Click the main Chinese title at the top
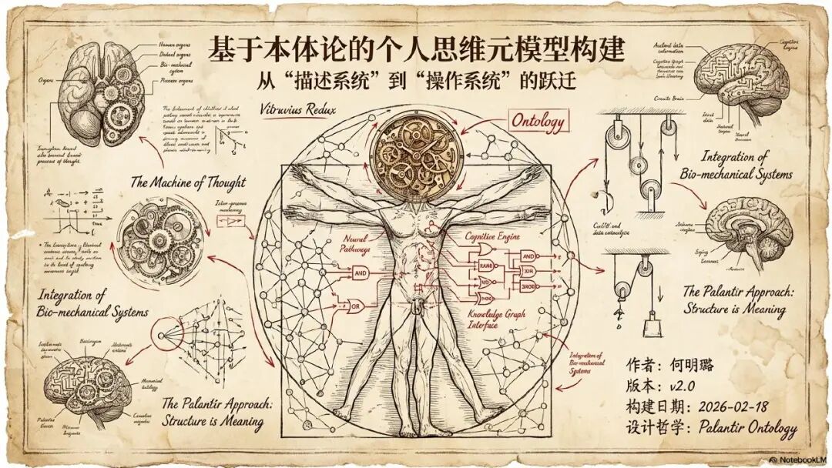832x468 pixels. [x=417, y=50]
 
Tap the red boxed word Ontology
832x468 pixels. [x=538, y=122]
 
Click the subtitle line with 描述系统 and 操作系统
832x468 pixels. [x=417, y=82]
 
